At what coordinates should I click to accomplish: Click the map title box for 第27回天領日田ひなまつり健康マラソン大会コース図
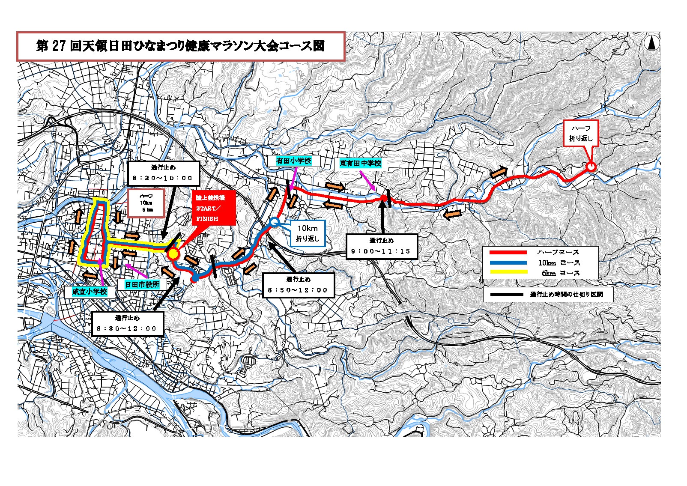(x=181, y=46)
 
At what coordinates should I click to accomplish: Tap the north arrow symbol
(x=652, y=43)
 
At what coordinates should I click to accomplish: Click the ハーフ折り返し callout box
(x=580, y=134)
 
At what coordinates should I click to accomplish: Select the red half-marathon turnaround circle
(x=591, y=167)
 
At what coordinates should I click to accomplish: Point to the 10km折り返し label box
(x=308, y=233)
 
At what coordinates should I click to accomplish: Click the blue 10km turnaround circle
(x=275, y=222)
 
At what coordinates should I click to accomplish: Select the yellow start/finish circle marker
(x=173, y=254)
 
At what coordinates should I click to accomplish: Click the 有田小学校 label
(x=293, y=161)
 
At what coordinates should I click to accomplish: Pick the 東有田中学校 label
(x=361, y=163)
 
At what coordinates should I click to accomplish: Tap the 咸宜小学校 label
(x=90, y=292)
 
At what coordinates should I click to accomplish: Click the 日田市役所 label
(x=142, y=284)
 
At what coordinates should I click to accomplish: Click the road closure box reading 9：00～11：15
(x=381, y=246)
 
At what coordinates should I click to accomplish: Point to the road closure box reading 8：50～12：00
(x=298, y=285)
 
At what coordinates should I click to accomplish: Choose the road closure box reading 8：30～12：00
(x=128, y=324)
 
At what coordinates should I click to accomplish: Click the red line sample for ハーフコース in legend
(x=508, y=253)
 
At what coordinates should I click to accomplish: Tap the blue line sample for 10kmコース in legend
(x=508, y=263)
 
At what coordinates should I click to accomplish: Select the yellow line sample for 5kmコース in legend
(x=508, y=272)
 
